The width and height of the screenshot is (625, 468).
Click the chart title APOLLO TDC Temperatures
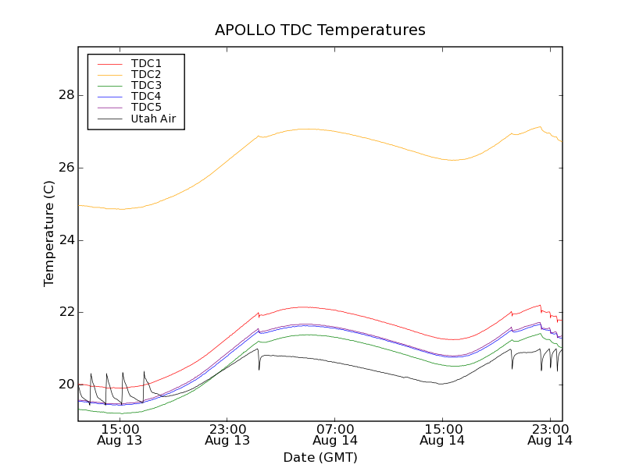pyautogui.click(x=320, y=30)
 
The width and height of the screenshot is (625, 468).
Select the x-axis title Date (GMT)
pyautogui.click(x=320, y=457)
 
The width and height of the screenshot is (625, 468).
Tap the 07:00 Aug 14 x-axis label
pyautogui.click(x=335, y=434)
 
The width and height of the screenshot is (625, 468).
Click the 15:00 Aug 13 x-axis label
pyautogui.click(x=120, y=434)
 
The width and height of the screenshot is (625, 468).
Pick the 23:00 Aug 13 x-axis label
pyautogui.click(x=227, y=434)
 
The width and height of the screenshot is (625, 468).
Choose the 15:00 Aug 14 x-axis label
pyautogui.click(x=443, y=434)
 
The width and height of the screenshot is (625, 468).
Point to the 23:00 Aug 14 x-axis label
pyautogui.click(x=551, y=434)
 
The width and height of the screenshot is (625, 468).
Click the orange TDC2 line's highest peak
pyautogui.click(x=540, y=126)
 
